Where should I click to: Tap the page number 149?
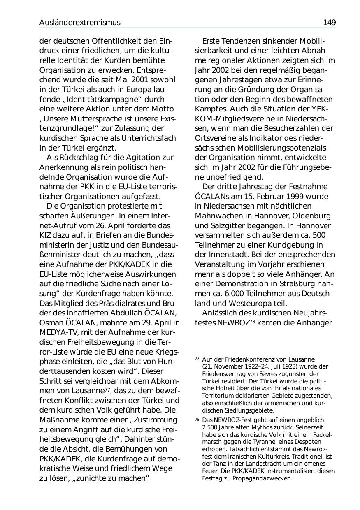point(329,22)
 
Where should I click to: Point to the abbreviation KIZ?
point(45,235)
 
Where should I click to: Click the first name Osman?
point(50,322)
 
